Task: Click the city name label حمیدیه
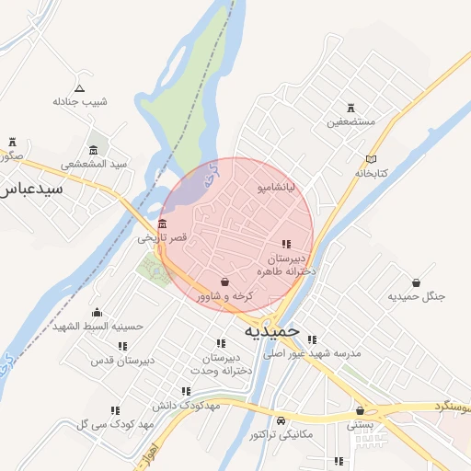coord(273,328)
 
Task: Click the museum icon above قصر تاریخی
coord(163,224)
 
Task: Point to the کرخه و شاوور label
coord(224,296)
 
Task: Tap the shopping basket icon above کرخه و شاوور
coord(225,281)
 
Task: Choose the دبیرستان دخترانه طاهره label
coord(287,265)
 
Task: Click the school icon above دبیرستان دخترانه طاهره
coord(287,244)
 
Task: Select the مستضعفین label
coord(350,121)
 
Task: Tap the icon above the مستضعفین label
coord(350,107)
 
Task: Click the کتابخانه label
coord(372,173)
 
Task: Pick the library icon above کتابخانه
coord(371,158)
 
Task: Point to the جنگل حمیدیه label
coord(416,296)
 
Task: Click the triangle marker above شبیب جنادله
coord(79,88)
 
